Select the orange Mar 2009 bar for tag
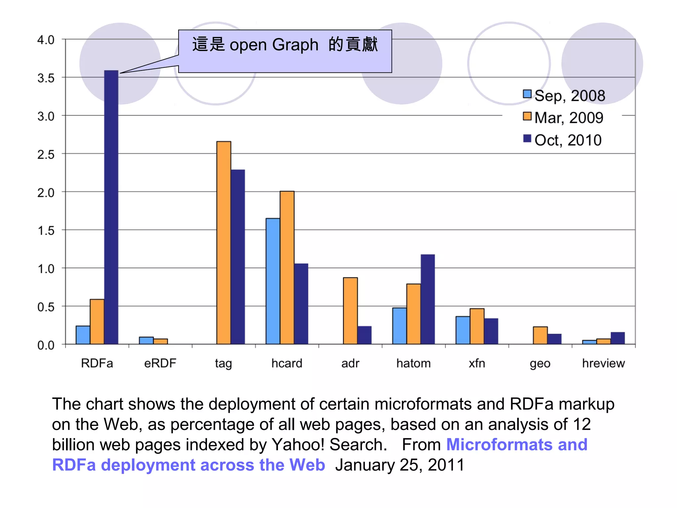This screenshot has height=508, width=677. [x=224, y=243]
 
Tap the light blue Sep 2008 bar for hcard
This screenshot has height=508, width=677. [x=273, y=281]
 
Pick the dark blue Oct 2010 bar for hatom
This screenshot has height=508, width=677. [x=427, y=299]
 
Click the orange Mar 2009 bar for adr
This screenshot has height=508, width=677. [x=350, y=311]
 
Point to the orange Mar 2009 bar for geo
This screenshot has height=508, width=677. [x=540, y=335]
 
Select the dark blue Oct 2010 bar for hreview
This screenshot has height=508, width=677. [x=617, y=338]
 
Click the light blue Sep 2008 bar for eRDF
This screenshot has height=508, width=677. [x=146, y=341]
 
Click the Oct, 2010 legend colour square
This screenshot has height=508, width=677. [x=527, y=138]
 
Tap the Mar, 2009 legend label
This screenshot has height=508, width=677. [x=569, y=118]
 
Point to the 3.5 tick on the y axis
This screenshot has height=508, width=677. [x=46, y=78]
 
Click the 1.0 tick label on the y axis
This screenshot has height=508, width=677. [x=46, y=269]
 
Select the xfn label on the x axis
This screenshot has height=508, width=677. [x=477, y=363]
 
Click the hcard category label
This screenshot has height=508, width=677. [x=287, y=363]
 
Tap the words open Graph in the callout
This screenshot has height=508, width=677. [x=274, y=45]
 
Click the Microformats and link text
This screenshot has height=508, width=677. [x=517, y=444]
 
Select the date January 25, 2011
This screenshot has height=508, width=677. [x=400, y=465]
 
